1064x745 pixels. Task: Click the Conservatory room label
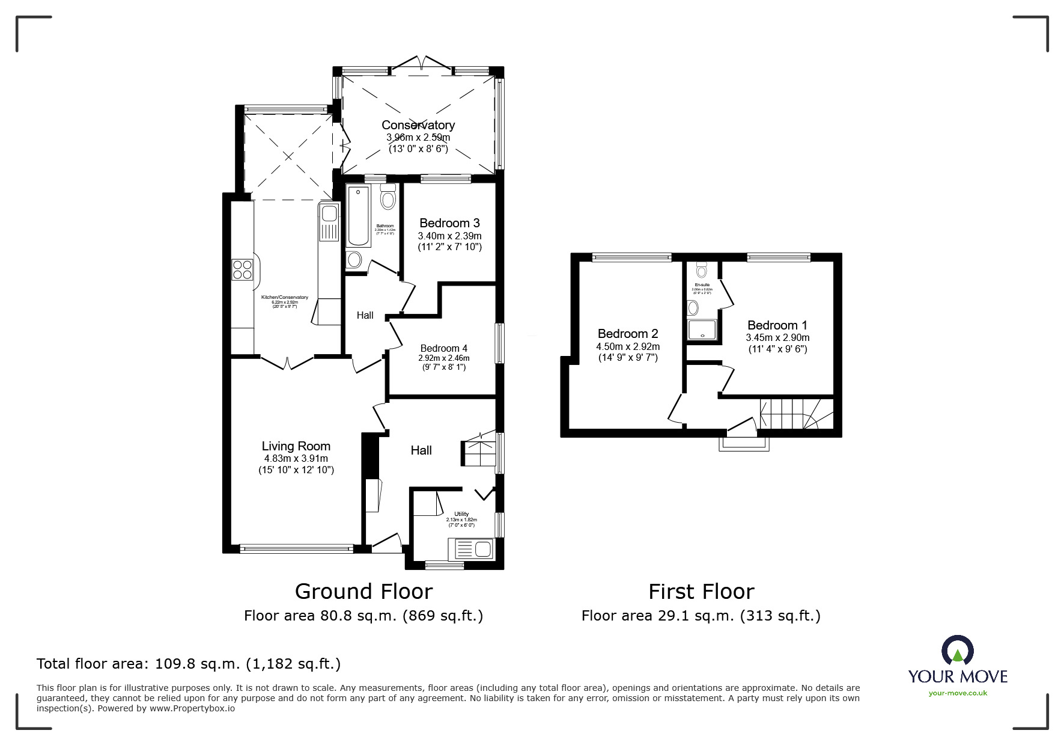418,125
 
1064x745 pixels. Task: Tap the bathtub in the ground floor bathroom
359,216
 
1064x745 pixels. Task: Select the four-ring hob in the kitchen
242,269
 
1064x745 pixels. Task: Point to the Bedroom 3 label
449,223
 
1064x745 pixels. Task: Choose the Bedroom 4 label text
443,348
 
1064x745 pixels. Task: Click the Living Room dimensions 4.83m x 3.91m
296,459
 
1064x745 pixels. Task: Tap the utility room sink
470,548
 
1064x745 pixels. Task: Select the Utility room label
461,514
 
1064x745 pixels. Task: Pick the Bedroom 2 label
628,334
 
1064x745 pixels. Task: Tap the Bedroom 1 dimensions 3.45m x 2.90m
777,338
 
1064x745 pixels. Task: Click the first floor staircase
794,414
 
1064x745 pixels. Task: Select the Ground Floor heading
363,592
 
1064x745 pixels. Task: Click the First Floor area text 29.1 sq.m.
701,616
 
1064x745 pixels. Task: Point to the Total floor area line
189,664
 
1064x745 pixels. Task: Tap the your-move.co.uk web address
958,693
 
